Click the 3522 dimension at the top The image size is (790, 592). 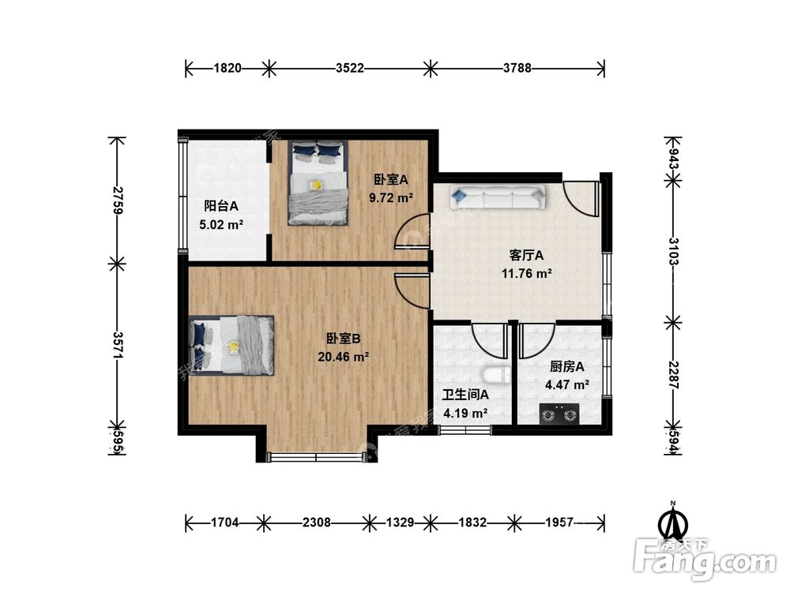point(350,68)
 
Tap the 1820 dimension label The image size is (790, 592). point(228,68)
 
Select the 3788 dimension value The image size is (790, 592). point(517,68)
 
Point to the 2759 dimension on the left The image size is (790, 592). point(118,200)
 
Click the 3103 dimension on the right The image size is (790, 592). point(674,251)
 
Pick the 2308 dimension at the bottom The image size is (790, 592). point(317,523)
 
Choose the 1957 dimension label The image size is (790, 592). point(559,523)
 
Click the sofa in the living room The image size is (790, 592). point(498,197)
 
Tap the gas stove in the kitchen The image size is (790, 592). point(559,414)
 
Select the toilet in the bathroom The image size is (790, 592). point(496,376)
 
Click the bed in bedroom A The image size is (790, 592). point(318,182)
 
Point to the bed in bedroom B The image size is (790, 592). point(231,346)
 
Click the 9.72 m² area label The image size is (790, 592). point(391,198)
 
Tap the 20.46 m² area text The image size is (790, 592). point(343,357)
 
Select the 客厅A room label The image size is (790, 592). point(526,256)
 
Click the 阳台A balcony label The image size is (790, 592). point(221,206)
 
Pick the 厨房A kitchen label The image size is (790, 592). point(566,366)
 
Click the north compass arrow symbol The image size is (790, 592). point(672,521)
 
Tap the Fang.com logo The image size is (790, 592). point(705,560)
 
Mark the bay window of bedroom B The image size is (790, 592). point(316,457)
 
